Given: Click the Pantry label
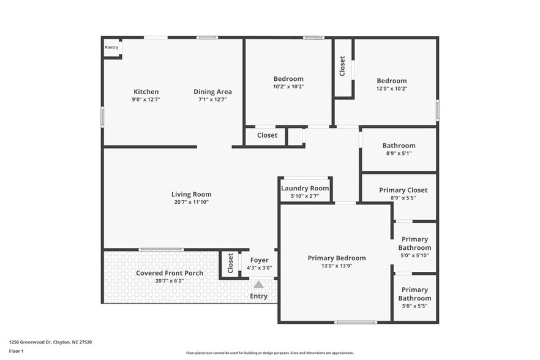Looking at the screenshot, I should pos(111,47).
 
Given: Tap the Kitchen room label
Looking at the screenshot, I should pos(146,92).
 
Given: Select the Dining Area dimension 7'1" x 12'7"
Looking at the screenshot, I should pos(212,100).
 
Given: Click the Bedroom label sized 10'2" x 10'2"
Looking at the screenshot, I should pos(288,79).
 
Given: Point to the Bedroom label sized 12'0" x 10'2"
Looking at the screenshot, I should pos(391,81).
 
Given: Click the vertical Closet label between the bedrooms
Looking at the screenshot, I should pos(342,67).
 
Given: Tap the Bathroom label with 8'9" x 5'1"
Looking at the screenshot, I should pos(399,146).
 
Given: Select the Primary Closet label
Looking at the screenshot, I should pos(403,190).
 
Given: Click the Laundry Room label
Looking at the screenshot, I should pos(305,188).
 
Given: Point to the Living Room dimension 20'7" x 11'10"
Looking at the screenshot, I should pos(191,202).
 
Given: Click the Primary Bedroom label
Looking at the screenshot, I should pos(336,258).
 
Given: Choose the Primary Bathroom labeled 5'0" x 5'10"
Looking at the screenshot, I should pos(414,243).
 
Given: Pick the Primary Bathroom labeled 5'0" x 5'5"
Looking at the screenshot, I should pos(414,294).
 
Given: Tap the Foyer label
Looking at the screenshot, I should pos(259,260).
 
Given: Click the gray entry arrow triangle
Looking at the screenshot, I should pos(259,284).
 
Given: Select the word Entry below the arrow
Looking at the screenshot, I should pos(258,296).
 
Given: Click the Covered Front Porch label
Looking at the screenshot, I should pos(169,273).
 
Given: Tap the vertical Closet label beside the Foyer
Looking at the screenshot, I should pos(230,263).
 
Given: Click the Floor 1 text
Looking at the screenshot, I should pos(16,351).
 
